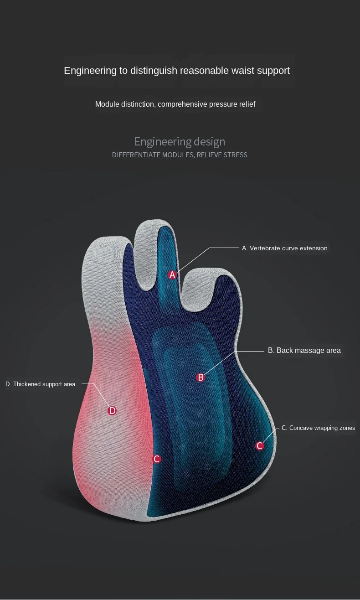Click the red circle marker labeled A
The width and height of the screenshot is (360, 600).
pos(172,275)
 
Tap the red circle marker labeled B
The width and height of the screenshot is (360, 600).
pos(201,378)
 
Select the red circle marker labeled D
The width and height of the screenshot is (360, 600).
pos(112,411)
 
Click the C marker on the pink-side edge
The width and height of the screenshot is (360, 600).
pos(157,459)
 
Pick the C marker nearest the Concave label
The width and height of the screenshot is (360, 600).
pos(260,446)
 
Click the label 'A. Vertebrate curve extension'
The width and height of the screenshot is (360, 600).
pos(284,248)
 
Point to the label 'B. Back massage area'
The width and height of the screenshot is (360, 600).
pos(304,351)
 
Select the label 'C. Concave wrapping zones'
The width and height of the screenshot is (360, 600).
pos(318,428)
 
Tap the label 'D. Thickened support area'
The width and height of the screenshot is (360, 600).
pos(40,384)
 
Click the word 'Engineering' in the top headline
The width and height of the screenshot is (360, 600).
pos(90,71)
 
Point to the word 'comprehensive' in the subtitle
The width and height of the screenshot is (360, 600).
pos(182,104)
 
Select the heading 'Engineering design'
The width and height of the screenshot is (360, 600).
pos(180,141)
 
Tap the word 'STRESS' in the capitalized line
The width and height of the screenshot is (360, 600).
pos(235,155)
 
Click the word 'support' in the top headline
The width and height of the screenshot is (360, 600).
pos(273,71)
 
